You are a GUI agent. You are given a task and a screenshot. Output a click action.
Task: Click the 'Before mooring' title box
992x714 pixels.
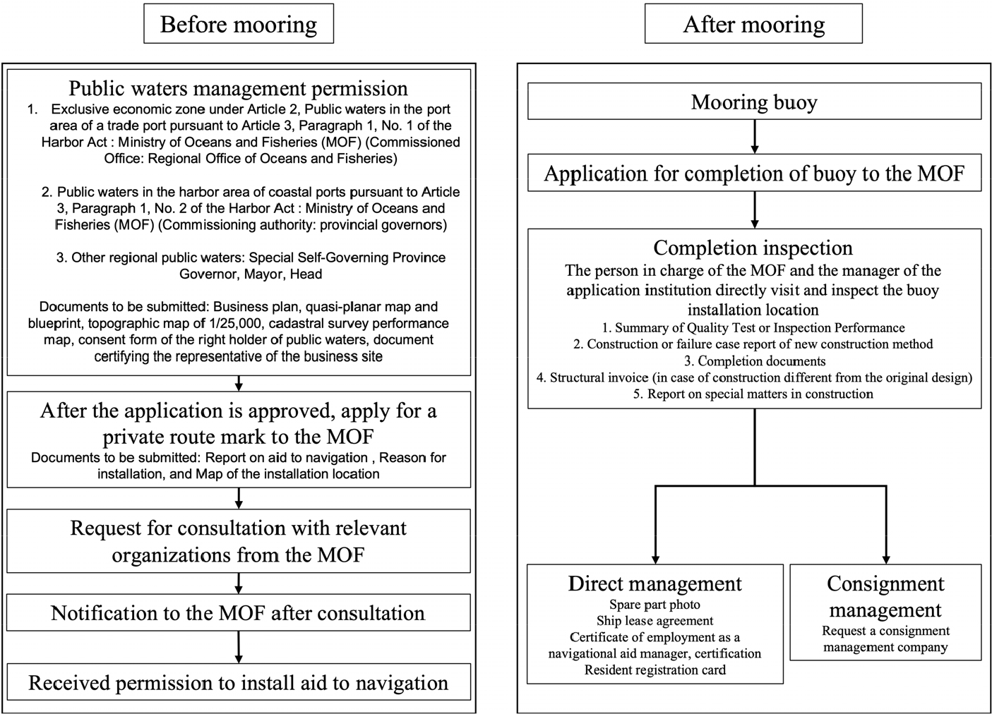coord(238,25)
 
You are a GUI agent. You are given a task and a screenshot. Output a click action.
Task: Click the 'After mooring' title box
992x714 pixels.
coord(753,25)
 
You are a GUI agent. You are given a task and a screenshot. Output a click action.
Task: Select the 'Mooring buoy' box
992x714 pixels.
coord(754,102)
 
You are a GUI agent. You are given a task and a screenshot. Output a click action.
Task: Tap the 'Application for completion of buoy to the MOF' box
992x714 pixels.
coord(754,174)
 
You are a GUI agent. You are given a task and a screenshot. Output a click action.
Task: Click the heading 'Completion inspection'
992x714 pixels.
coord(753,248)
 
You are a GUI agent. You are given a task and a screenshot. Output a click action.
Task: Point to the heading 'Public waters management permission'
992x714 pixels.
coord(238,88)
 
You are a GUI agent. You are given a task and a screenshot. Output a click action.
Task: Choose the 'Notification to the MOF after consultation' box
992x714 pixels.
coord(238,612)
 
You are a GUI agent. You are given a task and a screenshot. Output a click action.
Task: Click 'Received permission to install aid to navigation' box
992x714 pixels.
coord(238,682)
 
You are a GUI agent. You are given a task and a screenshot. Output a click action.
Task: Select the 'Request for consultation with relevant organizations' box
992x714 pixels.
coord(238,541)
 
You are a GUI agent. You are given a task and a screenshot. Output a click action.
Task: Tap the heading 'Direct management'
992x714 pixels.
coord(655,583)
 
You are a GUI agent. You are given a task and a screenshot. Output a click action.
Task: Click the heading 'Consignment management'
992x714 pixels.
coord(885,596)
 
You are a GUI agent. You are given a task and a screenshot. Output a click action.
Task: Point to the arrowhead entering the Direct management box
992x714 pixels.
coord(655,558)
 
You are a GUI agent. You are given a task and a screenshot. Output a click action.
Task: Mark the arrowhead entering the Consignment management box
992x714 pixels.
coord(885,558)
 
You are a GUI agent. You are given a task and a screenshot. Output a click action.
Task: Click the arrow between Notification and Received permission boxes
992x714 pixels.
coord(239,646)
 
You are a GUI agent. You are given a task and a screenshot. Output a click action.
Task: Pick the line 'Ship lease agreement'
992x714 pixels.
coord(655,621)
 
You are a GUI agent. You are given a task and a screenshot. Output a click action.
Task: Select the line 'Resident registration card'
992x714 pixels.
coord(655,670)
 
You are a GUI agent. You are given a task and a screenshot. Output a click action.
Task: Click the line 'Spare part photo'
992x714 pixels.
coord(655,605)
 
